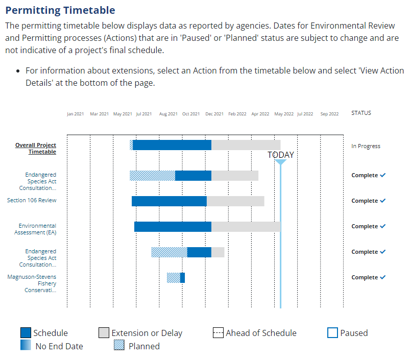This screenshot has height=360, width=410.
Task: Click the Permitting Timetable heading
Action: (x=60, y=10)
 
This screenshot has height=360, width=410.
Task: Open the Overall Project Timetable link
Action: (x=36, y=149)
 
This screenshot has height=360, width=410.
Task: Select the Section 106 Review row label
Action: (x=32, y=200)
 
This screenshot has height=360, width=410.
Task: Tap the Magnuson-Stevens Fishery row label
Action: (x=32, y=283)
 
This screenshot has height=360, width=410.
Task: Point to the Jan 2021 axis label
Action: (x=75, y=114)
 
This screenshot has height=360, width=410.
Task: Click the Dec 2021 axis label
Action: (x=215, y=114)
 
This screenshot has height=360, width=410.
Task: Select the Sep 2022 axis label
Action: (x=329, y=114)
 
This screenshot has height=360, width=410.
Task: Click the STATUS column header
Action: (x=361, y=113)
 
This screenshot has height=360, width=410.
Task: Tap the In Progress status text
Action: (x=366, y=146)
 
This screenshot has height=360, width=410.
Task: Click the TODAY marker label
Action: (x=281, y=155)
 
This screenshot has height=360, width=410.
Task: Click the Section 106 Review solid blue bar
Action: (x=169, y=201)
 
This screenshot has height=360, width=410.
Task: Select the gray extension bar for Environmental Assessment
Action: (x=246, y=227)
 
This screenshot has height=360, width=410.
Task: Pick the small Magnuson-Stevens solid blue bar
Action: (x=182, y=278)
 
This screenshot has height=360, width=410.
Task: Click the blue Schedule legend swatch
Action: (x=26, y=333)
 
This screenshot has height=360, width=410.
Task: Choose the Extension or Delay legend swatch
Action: (x=104, y=333)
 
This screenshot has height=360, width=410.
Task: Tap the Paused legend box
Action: (x=332, y=333)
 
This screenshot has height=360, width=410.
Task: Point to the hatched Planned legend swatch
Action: (x=119, y=346)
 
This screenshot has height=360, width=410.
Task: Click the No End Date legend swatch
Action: (x=26, y=346)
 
